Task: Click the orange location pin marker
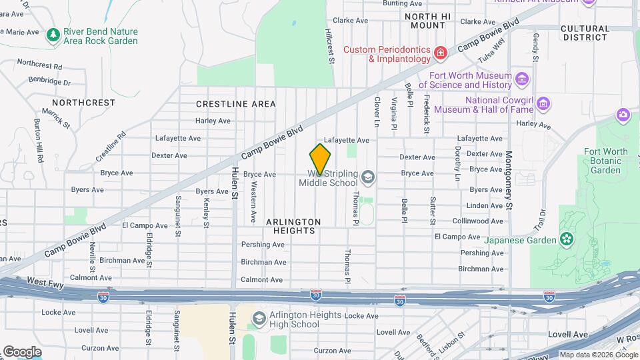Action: point(321,159)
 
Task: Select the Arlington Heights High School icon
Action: point(257,320)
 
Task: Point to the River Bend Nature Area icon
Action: point(53,35)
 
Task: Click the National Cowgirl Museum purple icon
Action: point(543,104)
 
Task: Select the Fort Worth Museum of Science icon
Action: point(522,80)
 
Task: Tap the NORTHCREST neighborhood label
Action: point(83,103)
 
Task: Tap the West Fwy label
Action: point(46,282)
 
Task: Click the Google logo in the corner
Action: point(21,352)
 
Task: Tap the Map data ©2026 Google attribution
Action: point(597,355)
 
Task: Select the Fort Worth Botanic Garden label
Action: point(605,161)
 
